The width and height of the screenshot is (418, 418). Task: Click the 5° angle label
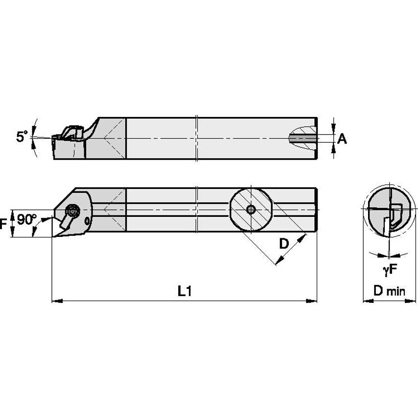coord(22,137)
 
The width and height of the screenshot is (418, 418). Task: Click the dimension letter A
coord(342,139)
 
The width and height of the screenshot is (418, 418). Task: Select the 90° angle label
coord(26,219)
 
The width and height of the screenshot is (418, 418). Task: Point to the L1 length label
coord(184,292)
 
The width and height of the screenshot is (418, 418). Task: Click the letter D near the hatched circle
coord(284,243)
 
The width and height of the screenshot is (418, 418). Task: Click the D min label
coord(389,292)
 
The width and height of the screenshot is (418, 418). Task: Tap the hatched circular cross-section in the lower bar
coord(251,209)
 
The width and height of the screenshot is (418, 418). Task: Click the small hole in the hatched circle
coord(251,209)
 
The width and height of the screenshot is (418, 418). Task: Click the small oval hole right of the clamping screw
coord(88,222)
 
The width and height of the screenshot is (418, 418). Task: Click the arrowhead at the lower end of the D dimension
coord(278,263)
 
